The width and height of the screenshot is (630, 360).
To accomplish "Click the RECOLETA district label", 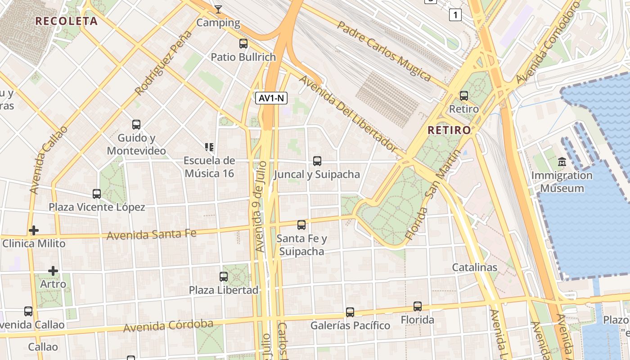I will tap(66, 21).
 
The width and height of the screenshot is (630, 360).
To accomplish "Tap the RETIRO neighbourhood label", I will tap(449, 130).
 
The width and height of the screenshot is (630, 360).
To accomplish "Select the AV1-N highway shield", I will tap(271, 98).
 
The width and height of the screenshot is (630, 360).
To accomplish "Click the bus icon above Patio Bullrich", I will tap(243, 44).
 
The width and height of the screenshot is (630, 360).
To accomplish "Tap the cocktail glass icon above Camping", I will tap(218, 9).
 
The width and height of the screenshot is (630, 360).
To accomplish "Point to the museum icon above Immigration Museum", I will tap(562, 162).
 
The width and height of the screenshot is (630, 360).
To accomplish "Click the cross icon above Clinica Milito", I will tap(33, 230).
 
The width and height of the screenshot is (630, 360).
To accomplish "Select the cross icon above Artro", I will tap(53, 271).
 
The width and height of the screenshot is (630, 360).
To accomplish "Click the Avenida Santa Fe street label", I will tap(151, 234).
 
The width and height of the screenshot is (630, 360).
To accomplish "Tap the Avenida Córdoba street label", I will tap(168, 326).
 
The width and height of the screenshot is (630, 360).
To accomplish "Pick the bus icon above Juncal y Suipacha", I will tap(317, 161).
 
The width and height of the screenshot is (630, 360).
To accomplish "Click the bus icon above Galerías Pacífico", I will tap(350, 312).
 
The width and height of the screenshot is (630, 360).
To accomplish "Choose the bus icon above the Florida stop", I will tap(418, 306).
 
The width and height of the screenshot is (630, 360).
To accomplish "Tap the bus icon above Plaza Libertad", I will tap(224, 276).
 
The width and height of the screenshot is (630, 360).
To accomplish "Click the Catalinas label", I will tap(475, 267).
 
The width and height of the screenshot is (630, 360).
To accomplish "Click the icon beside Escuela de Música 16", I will tap(209, 147).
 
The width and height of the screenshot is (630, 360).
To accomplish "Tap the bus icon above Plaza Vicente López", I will tap(97, 194).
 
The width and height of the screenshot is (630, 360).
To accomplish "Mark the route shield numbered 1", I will tap(455, 15).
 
